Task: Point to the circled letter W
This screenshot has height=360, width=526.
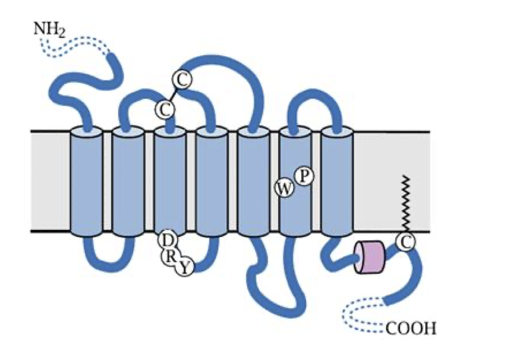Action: (x=284, y=189)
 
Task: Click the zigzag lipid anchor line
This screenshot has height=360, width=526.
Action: (x=405, y=202)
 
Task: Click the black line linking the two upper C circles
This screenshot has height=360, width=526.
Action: (x=173, y=93)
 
